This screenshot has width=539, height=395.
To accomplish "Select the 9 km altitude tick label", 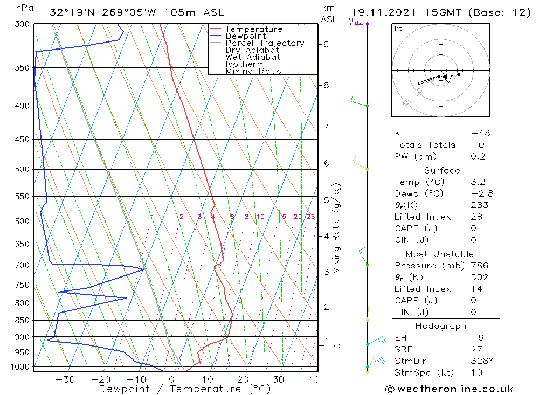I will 326,44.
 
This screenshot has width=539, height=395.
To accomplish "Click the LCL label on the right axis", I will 336,346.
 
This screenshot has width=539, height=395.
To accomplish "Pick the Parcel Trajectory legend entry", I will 264,43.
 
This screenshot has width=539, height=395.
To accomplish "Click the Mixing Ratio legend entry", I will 253,71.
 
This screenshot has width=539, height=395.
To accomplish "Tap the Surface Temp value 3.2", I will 477,182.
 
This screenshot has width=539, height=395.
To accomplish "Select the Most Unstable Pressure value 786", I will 479,265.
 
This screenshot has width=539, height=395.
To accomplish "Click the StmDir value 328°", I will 480,361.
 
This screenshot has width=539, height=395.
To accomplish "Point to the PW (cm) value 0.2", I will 478,157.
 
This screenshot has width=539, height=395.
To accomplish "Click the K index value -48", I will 478,133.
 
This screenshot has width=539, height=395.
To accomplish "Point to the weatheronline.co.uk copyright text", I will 449,389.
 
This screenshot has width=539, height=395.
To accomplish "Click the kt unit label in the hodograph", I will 398,29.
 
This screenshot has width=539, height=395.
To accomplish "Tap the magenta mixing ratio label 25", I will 310,217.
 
